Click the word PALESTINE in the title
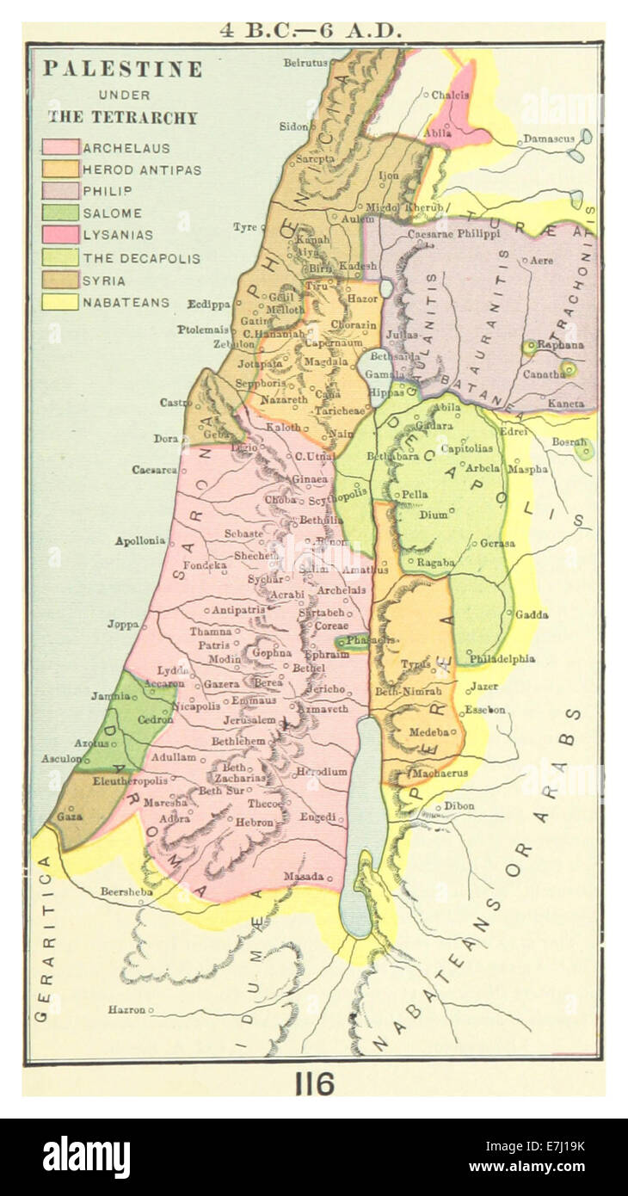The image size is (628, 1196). tap(122, 70)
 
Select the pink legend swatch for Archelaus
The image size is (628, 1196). tap(61, 147)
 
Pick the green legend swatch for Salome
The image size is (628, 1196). tap(61, 213)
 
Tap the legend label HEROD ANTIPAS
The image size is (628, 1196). tap(142, 170)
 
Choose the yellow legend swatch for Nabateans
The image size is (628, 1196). tap(61, 302)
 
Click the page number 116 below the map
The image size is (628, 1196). tap(314, 1084)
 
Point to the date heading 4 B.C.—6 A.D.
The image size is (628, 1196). tap(311, 31)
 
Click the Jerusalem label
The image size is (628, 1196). tap(249, 719)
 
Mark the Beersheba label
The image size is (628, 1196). tap(126, 891)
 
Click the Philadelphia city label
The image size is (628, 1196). tap(502, 659)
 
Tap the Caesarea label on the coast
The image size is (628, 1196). tap(154, 470)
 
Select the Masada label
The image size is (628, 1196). tap(304, 876)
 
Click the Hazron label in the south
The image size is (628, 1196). tap(126, 1009)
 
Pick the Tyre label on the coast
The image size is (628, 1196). tap(244, 227)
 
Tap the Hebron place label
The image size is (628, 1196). tap(255, 823)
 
